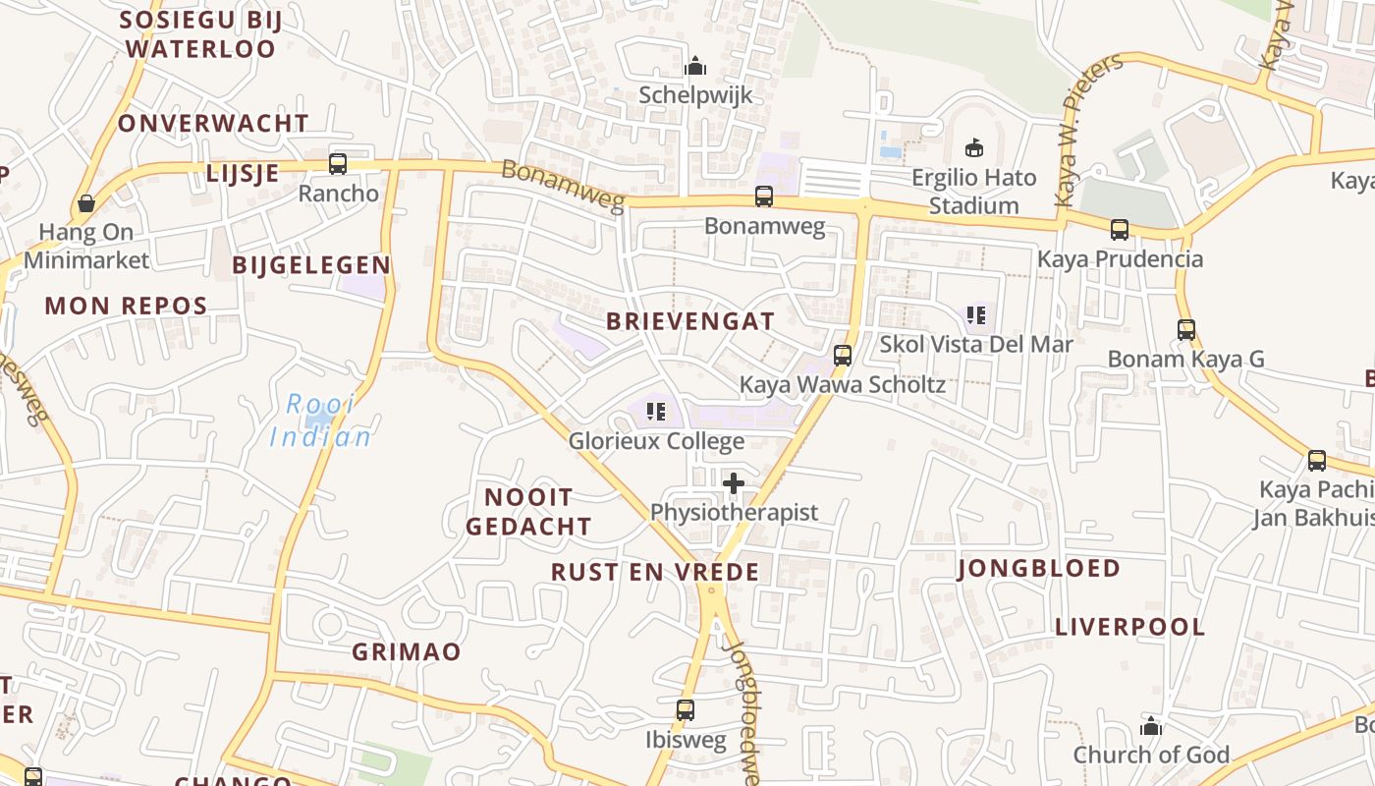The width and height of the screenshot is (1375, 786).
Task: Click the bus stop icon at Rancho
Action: [x=338, y=164]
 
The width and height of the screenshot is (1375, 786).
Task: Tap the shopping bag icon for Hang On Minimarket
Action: [x=86, y=203]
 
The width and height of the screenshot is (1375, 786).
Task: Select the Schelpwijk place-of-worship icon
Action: [x=695, y=66]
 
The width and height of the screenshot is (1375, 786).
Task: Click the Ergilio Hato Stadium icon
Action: [x=973, y=148]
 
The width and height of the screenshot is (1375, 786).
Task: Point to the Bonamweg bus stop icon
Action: [x=764, y=196]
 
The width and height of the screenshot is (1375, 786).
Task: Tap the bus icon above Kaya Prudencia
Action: [x=1120, y=230]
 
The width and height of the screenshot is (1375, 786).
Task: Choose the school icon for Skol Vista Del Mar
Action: [x=975, y=315]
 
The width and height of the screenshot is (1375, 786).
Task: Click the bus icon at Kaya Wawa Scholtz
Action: [x=842, y=356]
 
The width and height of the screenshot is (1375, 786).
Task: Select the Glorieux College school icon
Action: [x=656, y=412]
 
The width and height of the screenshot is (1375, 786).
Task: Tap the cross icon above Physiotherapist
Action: [x=734, y=483]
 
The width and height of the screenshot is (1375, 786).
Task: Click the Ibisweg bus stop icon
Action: [x=686, y=710]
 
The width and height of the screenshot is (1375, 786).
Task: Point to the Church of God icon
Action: [x=1150, y=726]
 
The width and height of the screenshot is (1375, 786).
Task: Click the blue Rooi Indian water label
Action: [x=321, y=421]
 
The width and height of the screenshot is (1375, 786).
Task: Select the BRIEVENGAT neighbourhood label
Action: [x=690, y=321]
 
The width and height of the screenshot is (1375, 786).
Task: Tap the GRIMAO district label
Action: [x=407, y=651]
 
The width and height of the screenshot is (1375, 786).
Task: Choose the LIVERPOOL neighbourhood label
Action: [x=1129, y=627]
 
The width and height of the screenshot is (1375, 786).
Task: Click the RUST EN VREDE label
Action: [x=655, y=572]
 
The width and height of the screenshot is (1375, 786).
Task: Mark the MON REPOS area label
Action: [x=126, y=306]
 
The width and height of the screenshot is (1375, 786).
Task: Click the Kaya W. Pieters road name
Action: [x=1088, y=131]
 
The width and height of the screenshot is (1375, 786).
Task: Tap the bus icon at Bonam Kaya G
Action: [x=1186, y=330]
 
